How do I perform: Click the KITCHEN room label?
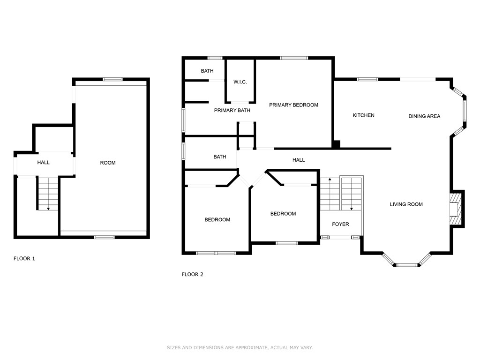pyautogui.click(x=363, y=115)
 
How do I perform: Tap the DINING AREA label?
pyautogui.click(x=424, y=116)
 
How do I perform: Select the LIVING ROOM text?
pyautogui.click(x=406, y=204)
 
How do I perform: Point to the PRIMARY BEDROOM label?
pyautogui.click(x=293, y=105)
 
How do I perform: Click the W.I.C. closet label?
pyautogui.click(x=240, y=82)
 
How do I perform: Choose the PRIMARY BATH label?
pyautogui.click(x=232, y=111)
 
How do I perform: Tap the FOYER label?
pyautogui.click(x=340, y=225)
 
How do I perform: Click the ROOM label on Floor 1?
pyautogui.click(x=108, y=163)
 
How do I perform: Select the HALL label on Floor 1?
pyautogui.click(x=44, y=163)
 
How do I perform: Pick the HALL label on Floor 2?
pyautogui.click(x=299, y=160)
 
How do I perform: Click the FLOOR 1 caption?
pyautogui.click(x=24, y=259)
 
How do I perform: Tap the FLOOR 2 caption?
pyautogui.click(x=192, y=275)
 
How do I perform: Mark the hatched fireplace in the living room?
pyautogui.click(x=454, y=209)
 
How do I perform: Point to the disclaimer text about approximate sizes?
pyautogui.click(x=240, y=348)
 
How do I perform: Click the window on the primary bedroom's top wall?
pyautogui.click(x=294, y=58)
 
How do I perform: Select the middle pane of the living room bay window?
pyautogui.click(x=406, y=265)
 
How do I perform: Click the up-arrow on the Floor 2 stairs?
pyautogui.click(x=330, y=180)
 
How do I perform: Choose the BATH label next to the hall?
pyautogui.click(x=220, y=157)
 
